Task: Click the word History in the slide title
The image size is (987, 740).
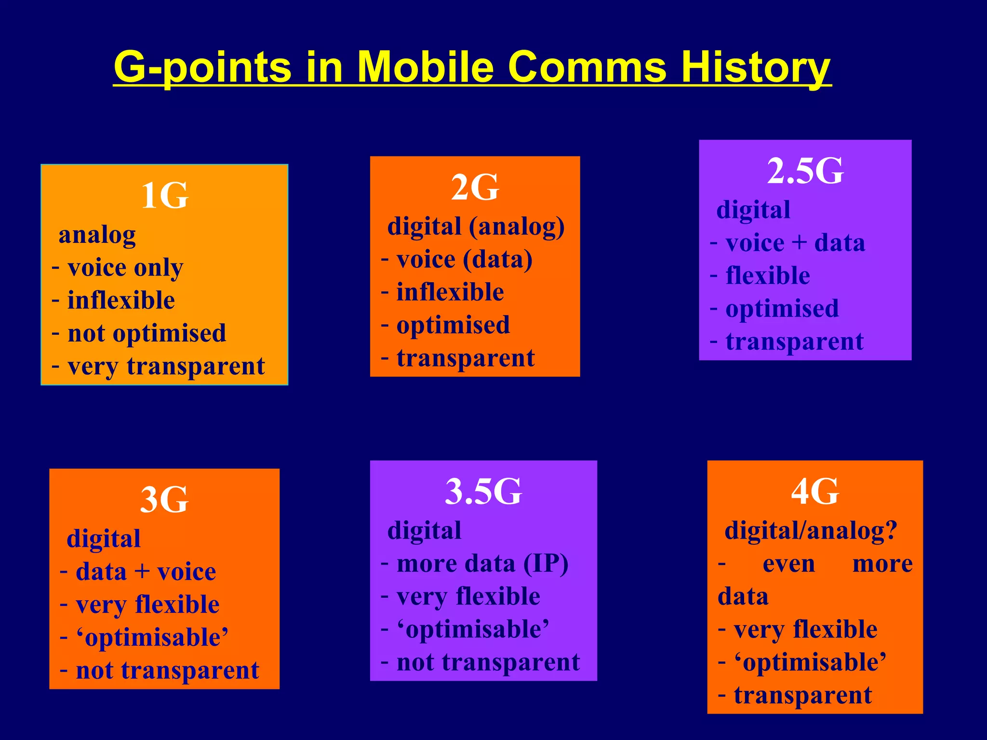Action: pos(755,67)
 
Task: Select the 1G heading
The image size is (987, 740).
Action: pos(164,196)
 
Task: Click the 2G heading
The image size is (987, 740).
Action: pos(475,187)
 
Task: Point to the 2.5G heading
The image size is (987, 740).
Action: pos(805,171)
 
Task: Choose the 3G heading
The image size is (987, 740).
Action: pos(164,500)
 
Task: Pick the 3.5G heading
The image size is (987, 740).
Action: pos(483,492)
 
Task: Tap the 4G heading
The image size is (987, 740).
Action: pos(815,492)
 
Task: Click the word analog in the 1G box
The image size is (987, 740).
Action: pos(97,236)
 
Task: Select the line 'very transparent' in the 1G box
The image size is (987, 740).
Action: pos(166,366)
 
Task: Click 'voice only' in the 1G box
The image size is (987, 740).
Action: pos(125,268)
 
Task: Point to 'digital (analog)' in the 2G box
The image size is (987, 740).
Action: pos(476,226)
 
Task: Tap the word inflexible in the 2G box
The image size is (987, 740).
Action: pos(450,292)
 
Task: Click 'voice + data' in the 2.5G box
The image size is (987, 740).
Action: pos(795,243)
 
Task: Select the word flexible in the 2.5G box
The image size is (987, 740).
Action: pos(768,276)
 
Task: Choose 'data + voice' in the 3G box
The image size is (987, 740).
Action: pos(146,572)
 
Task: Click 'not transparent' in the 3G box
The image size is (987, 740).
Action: pos(167,670)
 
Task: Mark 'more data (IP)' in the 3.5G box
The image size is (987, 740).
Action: pos(482,564)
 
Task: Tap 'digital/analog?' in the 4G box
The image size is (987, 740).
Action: pos(811,531)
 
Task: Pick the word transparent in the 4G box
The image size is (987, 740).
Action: pos(803,695)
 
